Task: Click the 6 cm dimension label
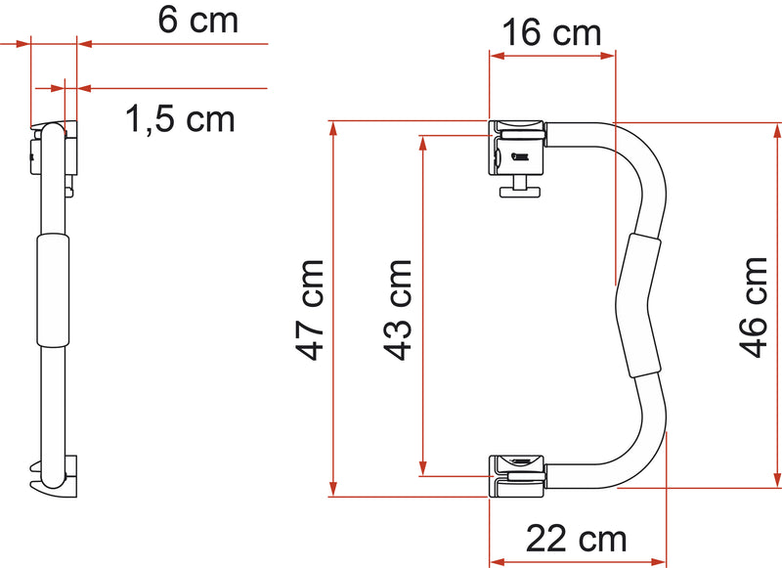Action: (197, 21)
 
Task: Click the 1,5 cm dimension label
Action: (180, 119)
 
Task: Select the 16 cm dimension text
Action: (551, 35)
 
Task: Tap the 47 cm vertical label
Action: (312, 309)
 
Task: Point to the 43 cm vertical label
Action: (398, 309)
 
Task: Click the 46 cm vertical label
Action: (754, 307)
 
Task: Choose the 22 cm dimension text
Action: (576, 539)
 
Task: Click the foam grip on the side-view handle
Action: (53, 289)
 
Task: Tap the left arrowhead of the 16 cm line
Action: (495, 57)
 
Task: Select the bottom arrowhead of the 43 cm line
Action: (422, 468)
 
